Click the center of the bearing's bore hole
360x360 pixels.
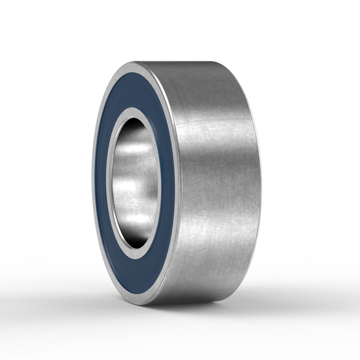tap(134, 183)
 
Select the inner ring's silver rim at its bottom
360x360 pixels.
tap(134, 257)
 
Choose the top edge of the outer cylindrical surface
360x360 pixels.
tap(196, 63)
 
